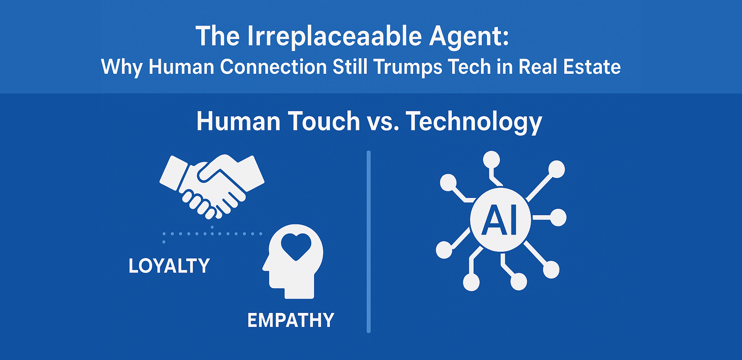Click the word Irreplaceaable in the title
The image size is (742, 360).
(x=334, y=36)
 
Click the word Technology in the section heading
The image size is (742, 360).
(x=474, y=122)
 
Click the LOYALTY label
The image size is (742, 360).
(x=169, y=266)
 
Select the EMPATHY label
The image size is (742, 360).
(x=291, y=320)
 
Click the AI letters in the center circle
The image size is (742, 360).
(x=500, y=220)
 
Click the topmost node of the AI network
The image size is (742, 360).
(x=491, y=160)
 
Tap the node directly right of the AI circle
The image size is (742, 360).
(x=558, y=218)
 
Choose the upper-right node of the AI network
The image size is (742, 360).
(x=556, y=169)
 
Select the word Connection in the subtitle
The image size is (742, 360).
(x=273, y=67)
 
